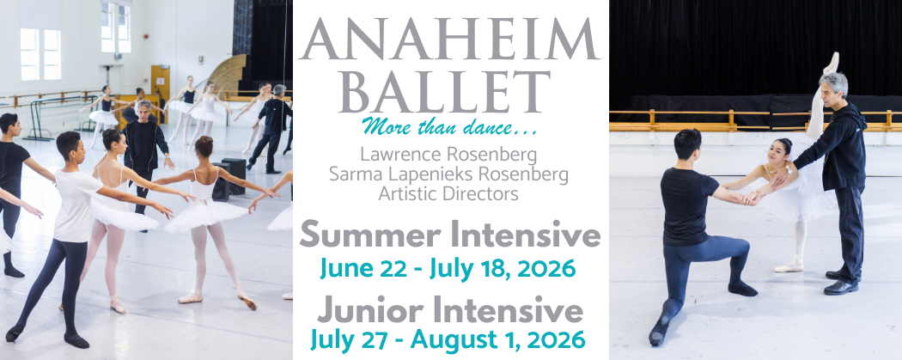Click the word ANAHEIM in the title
coord(450,39)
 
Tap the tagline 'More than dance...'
coord(450,129)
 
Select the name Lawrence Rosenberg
coord(450,156)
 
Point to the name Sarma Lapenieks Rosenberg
coord(450,174)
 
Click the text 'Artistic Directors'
coord(450,193)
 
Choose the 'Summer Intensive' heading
coord(450,235)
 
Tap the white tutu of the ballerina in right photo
coord(795,202)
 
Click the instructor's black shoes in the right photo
coord(841,285)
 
